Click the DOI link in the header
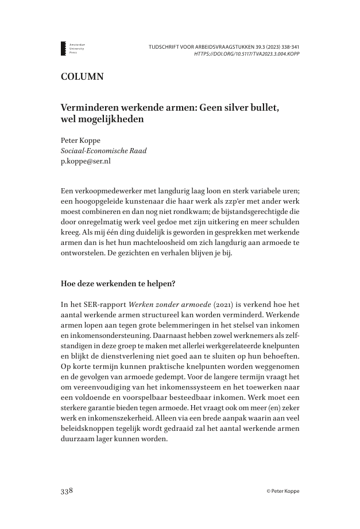(247, 54)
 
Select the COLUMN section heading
(82, 77)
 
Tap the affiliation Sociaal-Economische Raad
(103, 151)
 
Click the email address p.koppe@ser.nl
(86, 161)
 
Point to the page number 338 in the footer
(67, 492)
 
